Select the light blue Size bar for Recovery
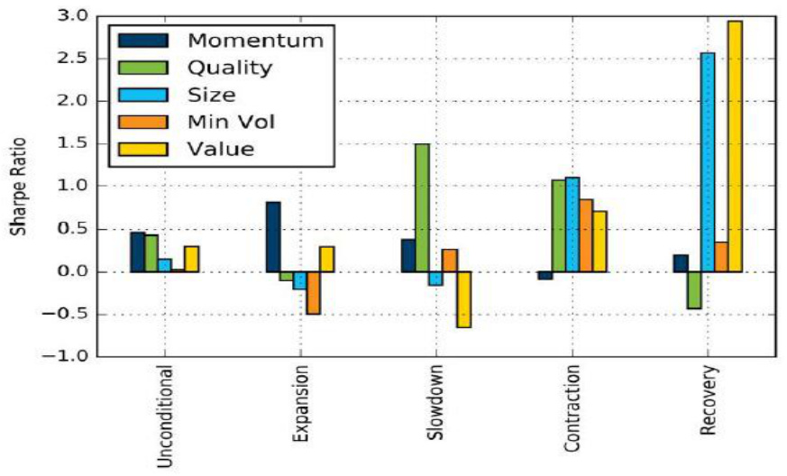(x=708, y=162)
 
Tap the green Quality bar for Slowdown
(x=422, y=207)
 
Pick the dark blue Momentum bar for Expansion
(x=272, y=236)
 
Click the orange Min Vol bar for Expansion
(x=313, y=293)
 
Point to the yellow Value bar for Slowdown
(x=463, y=299)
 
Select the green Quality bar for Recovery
(x=694, y=290)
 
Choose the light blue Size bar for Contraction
(x=572, y=224)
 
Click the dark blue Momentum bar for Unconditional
(x=137, y=252)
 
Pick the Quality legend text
(x=227, y=67)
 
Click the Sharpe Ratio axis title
(x=18, y=187)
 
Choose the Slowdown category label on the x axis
(x=436, y=406)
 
